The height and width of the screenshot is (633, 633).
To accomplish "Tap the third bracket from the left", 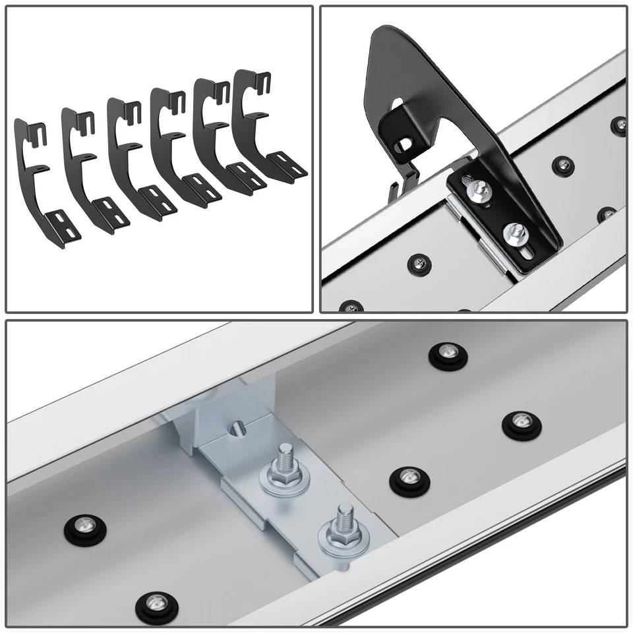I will (125, 152).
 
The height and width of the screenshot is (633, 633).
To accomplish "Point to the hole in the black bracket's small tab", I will (402, 142).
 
